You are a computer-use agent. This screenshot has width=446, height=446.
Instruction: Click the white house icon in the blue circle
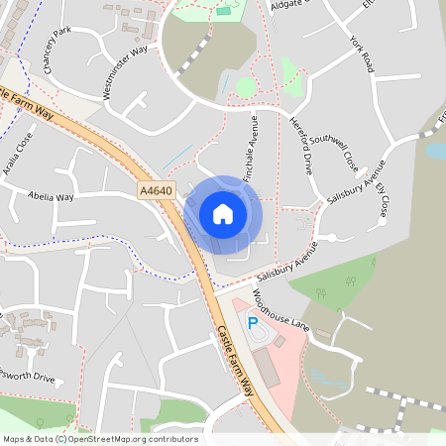tap(223, 213)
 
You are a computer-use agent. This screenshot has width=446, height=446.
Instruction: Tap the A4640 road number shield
tap(156, 189)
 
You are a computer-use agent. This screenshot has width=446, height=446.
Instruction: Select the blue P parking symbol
tap(252, 324)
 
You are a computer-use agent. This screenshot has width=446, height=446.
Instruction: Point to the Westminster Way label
tap(127, 72)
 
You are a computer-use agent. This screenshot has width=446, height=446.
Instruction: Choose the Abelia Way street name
tap(52, 196)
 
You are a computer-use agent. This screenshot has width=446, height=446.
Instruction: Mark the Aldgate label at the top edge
tap(289, 5)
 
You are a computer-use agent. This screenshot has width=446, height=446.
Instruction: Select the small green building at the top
tap(223, 11)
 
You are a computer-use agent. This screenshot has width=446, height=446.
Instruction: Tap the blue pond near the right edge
tap(435, 151)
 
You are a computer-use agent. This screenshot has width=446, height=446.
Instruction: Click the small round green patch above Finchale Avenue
tap(245, 87)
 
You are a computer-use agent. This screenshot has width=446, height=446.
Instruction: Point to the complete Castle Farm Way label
tap(236, 361)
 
